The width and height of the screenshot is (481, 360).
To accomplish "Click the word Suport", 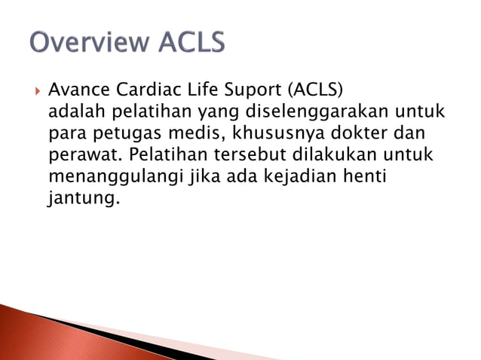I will click(x=254, y=91).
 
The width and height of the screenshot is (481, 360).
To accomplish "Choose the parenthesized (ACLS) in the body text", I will click(x=314, y=91).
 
